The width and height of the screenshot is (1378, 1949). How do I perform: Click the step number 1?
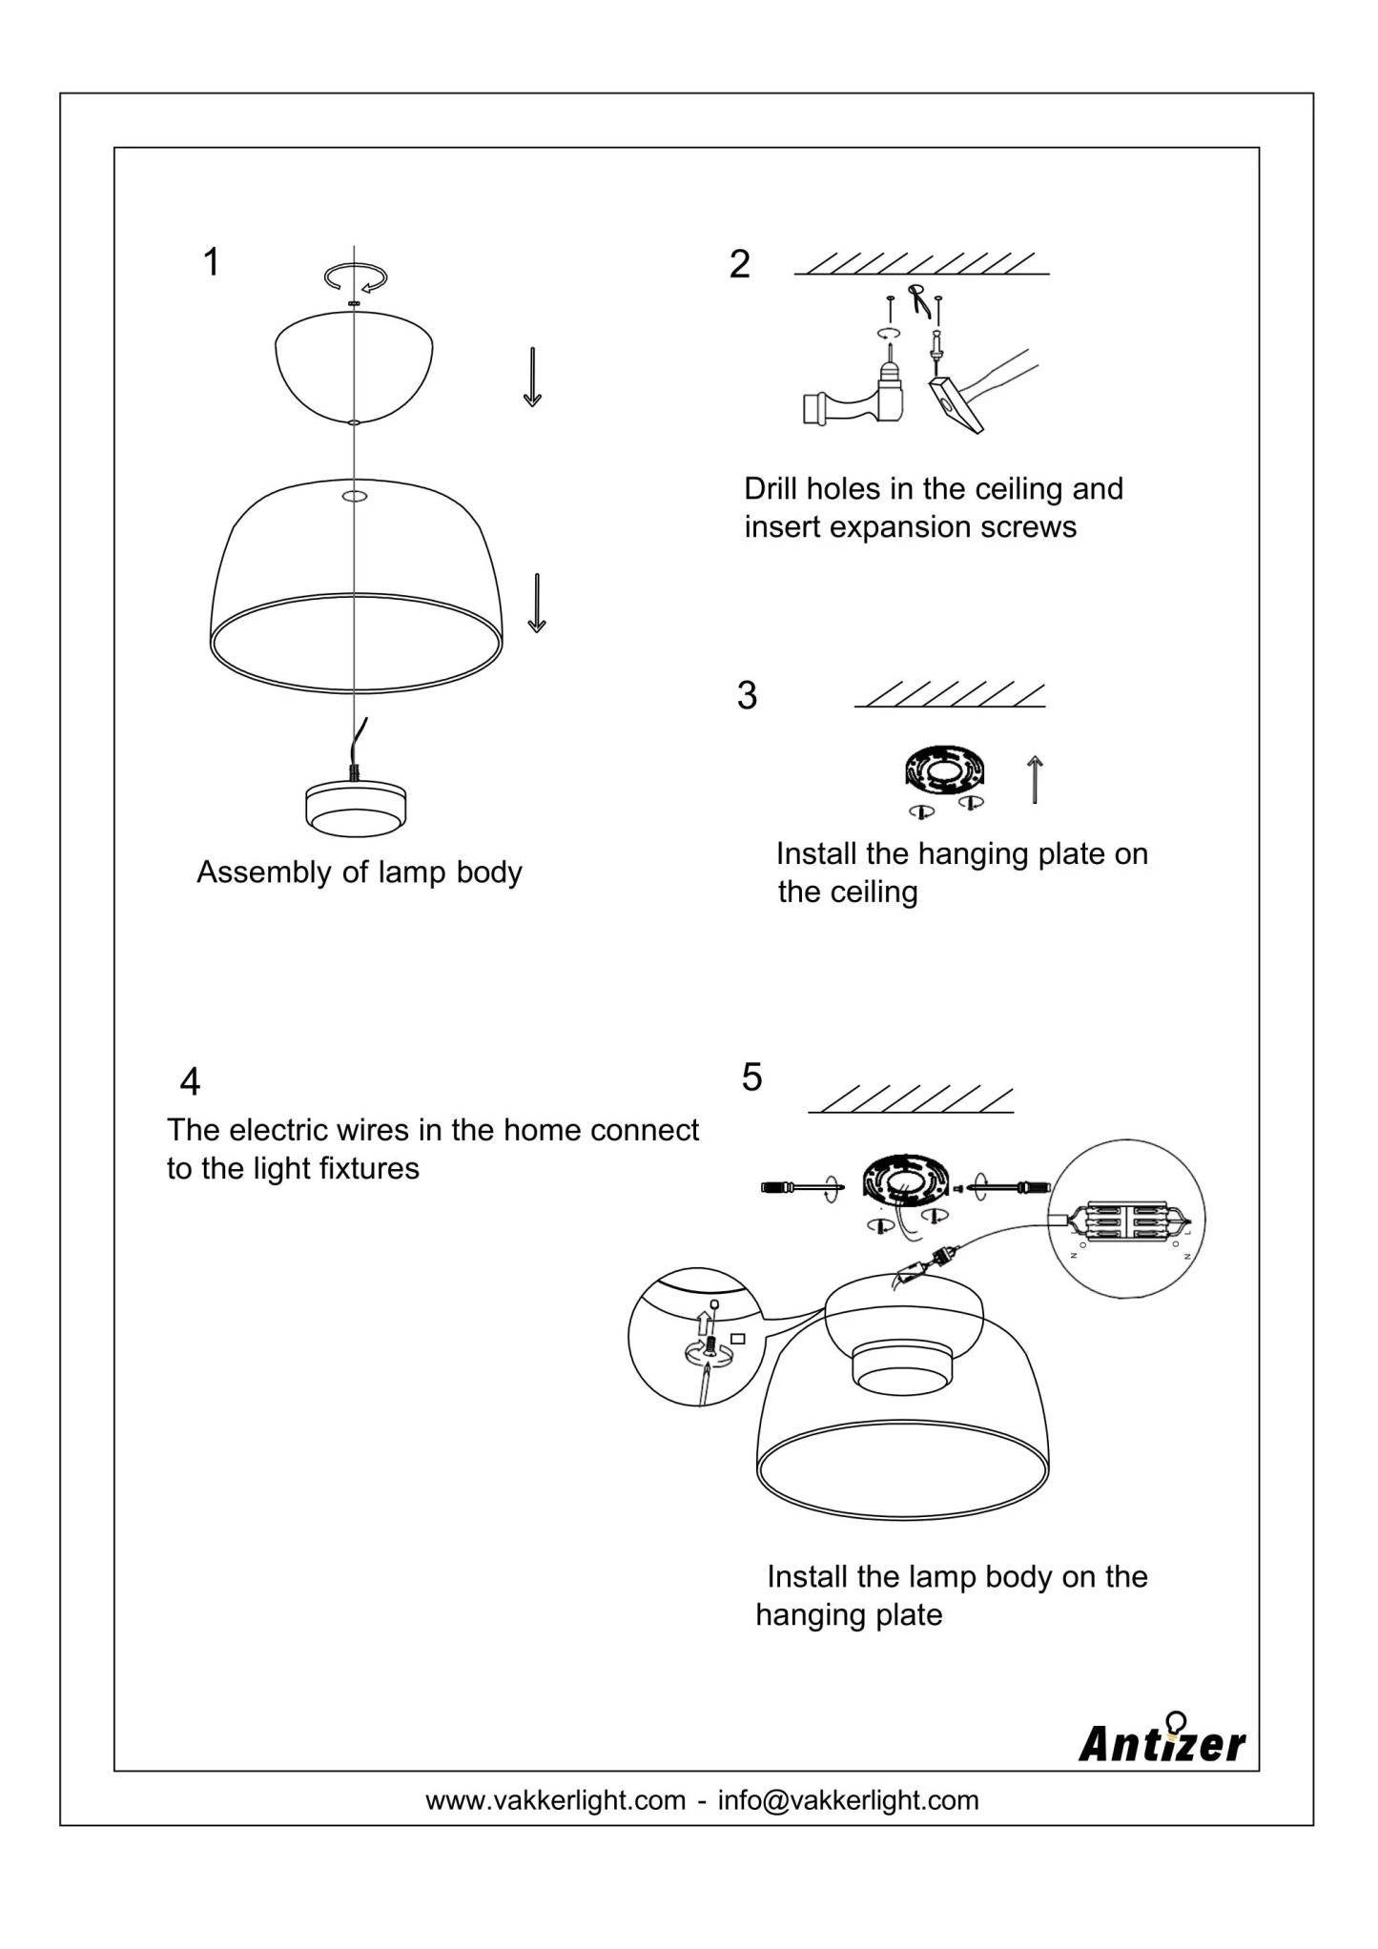click(212, 261)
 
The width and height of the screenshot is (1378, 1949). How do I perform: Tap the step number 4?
click(190, 1081)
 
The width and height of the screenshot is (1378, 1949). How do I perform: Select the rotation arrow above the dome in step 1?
click(356, 277)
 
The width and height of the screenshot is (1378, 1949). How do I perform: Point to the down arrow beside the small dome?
click(532, 377)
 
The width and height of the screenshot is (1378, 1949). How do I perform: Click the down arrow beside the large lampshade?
click(537, 603)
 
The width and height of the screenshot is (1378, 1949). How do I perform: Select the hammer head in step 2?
click(955, 404)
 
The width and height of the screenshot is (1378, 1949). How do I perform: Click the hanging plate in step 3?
click(943, 770)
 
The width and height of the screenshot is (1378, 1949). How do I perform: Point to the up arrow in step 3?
click(1035, 779)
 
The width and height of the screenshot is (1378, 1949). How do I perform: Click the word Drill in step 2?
click(771, 489)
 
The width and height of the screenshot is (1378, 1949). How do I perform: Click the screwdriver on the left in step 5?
click(797, 1187)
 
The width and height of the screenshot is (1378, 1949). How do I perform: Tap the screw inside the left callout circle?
click(710, 1347)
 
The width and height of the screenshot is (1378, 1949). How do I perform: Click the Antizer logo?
click(1162, 1741)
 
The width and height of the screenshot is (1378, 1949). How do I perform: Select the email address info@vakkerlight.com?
click(848, 1800)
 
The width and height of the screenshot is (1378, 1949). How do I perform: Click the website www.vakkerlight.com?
click(555, 1800)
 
